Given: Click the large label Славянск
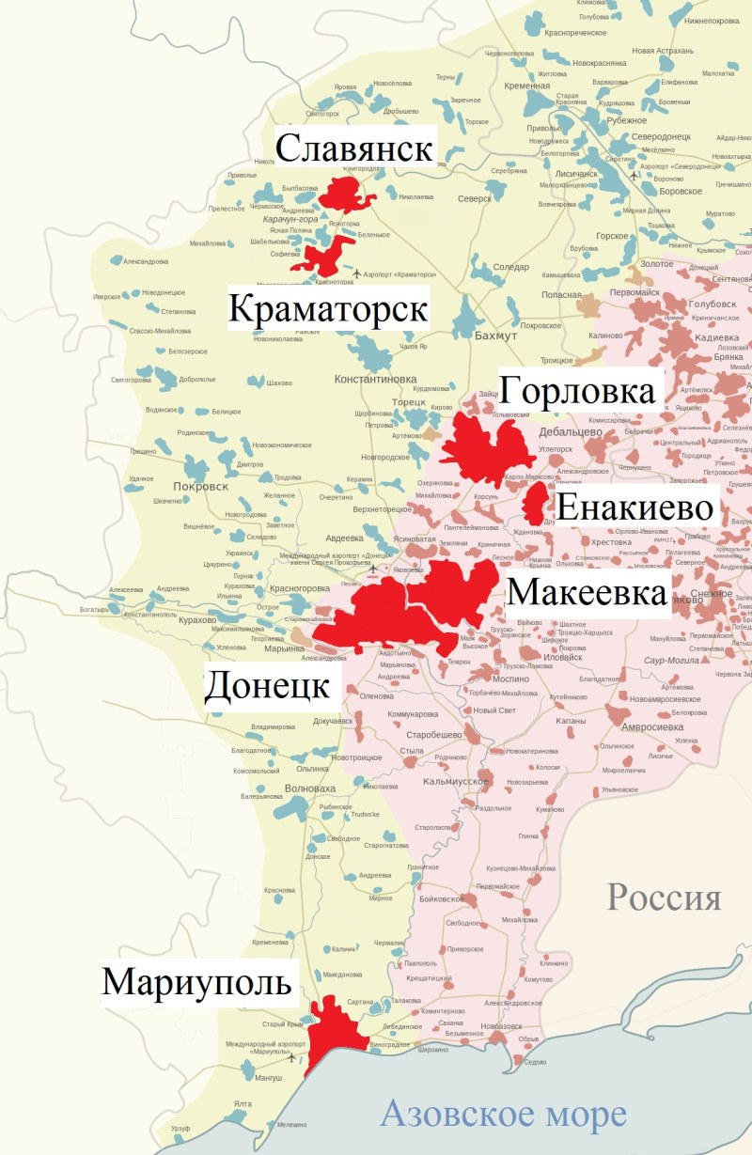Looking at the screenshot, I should [354, 148].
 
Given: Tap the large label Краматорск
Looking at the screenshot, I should [328, 309].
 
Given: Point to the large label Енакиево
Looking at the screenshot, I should [634, 508].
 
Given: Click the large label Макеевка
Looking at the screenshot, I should [587, 593].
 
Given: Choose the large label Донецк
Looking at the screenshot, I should [267, 686].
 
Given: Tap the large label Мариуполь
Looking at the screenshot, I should [197, 983].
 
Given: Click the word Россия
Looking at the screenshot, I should [664, 897].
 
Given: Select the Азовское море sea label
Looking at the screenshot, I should [503, 1116].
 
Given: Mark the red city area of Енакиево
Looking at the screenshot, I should [535, 504].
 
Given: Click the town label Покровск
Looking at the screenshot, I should [201, 486].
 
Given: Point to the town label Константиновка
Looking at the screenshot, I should [375, 379].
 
